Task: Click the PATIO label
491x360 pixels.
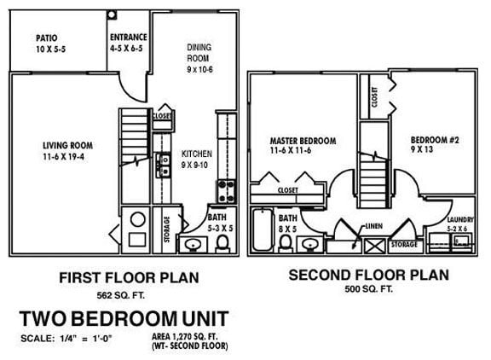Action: pos(47,38)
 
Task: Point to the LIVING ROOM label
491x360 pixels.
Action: pos(66,144)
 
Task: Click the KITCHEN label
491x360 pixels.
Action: pos(197,154)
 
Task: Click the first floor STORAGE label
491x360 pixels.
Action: pos(166,228)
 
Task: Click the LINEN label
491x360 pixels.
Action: pos(373,227)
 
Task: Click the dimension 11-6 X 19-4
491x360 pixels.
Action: pos(66,156)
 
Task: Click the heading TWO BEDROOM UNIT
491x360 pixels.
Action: pos(124,318)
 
